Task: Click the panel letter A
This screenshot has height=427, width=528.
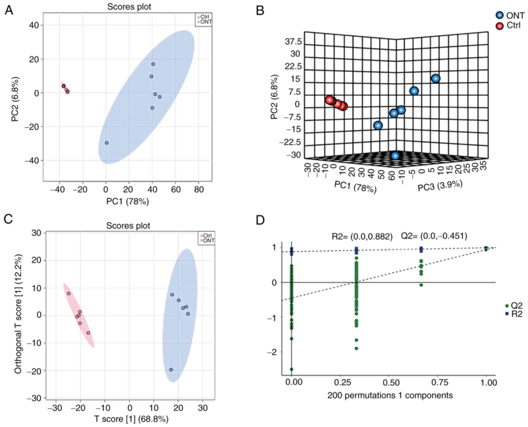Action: [9, 11]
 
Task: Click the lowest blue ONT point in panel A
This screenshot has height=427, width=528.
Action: [107, 143]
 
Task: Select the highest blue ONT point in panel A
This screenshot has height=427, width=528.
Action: [153, 64]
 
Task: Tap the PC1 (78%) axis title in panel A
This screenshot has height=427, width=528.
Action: [128, 202]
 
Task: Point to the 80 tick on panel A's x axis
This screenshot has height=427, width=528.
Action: [199, 190]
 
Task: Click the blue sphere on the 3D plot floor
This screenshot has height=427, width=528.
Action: [395, 156]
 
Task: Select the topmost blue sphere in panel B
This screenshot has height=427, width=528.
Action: [436, 78]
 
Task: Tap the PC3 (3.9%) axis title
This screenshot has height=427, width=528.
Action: [440, 186]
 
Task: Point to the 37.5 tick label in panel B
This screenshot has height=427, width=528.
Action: [293, 42]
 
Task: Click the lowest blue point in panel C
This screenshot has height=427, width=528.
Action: [171, 370]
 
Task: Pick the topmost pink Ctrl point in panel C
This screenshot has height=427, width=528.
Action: [69, 293]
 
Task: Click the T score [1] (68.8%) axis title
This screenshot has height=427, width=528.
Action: [131, 419]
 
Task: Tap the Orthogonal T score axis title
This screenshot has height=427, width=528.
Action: [18, 314]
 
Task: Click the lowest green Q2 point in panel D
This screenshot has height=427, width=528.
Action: [292, 369]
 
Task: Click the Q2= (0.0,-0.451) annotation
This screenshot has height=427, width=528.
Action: [434, 236]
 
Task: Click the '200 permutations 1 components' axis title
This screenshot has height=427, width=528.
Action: [390, 396]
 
